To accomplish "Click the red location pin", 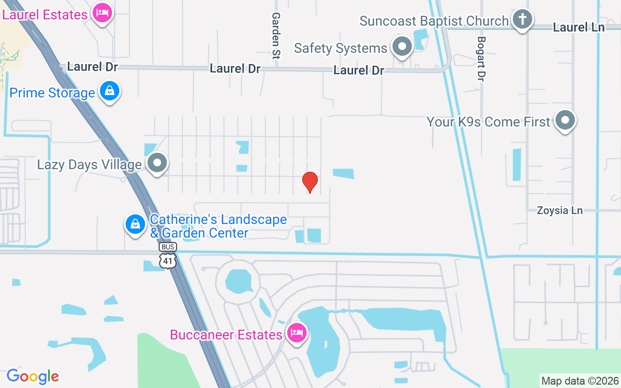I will [x=310, y=182].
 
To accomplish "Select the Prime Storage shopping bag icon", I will [x=110, y=91].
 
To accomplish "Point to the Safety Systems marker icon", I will [x=402, y=47].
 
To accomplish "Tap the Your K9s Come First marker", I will [x=565, y=120].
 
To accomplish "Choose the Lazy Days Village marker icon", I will [x=157, y=163].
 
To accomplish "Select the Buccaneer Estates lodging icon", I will [x=296, y=333].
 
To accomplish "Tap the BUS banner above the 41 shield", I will [x=168, y=247].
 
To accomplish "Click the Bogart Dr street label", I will [x=481, y=59].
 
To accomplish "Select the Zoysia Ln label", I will [x=559, y=210].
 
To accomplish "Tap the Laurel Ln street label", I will [x=578, y=27].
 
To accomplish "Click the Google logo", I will [x=33, y=376].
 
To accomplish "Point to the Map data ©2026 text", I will [x=580, y=381].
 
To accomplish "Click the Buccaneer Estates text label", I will [x=226, y=335].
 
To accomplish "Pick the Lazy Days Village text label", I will [x=89, y=165].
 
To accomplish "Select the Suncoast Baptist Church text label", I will [x=434, y=21].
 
